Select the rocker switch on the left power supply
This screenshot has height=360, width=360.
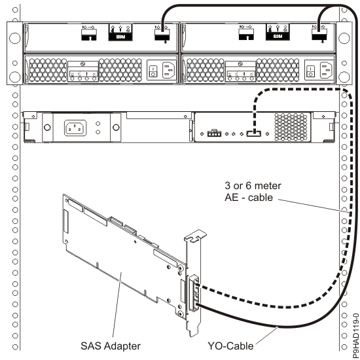point(152,70)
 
